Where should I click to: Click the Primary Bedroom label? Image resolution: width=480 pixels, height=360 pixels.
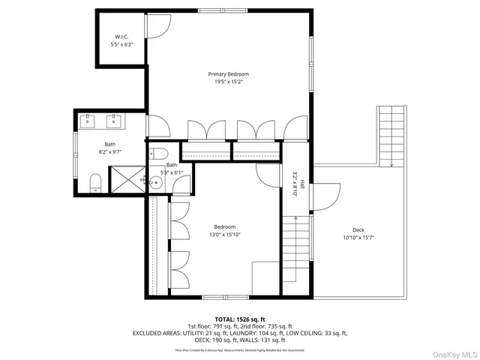coord(229,74)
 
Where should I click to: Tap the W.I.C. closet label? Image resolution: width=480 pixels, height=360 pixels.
coord(122,37)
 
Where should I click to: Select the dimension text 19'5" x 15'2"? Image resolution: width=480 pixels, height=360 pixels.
coord(229,82)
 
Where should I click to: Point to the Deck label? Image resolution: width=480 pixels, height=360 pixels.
coord(358,230)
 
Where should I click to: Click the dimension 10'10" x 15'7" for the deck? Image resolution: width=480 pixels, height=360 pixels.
coord(358,238)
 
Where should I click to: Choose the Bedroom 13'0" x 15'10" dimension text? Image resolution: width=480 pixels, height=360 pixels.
coord(225,235)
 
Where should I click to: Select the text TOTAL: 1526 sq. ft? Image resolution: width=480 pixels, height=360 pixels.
coord(240,319)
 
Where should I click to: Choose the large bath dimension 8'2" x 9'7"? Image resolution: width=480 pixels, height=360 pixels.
coord(110,151)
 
